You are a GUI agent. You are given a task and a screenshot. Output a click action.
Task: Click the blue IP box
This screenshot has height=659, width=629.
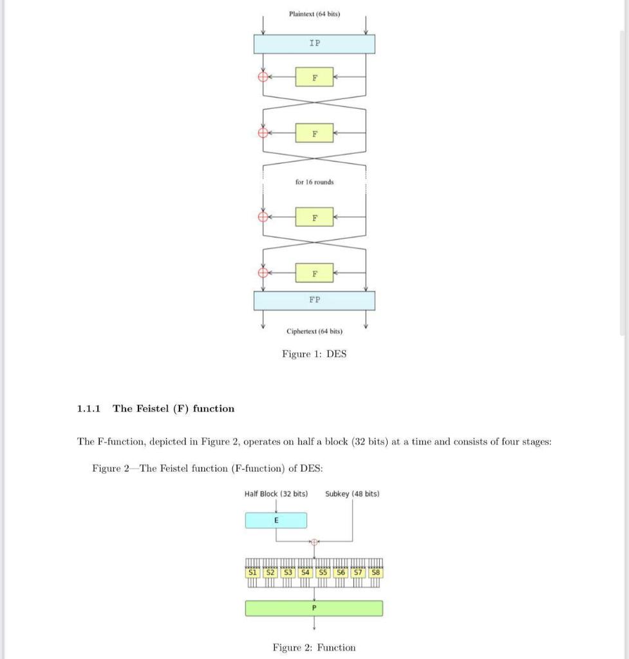coord(314,44)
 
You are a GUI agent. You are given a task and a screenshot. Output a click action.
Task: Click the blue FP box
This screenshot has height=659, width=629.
coord(314,301)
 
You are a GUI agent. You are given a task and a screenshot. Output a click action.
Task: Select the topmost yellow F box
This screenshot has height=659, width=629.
coord(314,77)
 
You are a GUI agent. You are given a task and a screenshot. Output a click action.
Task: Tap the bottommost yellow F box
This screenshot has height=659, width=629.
coord(314,273)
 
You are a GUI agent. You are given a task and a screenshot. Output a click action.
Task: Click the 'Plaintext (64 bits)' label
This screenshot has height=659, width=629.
coord(314,13)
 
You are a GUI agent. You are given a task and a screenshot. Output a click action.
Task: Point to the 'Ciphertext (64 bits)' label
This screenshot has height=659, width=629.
coord(314,331)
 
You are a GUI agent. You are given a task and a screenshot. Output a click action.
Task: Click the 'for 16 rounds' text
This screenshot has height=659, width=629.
coord(314,182)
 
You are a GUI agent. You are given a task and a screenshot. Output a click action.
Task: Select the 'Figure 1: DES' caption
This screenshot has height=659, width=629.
coord(314,354)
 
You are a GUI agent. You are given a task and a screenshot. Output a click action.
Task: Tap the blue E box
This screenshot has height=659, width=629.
coord(276,520)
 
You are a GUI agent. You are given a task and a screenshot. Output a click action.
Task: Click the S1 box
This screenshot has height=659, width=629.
coord(253,572)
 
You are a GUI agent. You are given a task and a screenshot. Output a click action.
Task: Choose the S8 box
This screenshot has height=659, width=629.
coord(375,572)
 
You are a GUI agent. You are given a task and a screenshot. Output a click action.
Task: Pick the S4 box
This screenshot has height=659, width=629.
coord(305,572)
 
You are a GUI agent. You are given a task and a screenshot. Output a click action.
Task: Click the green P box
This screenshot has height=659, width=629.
coord(314,608)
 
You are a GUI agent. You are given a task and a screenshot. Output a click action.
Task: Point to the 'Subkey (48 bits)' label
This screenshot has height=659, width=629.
coord(352,494)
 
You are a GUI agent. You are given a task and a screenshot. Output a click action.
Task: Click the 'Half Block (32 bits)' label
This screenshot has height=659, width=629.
coord(276,494)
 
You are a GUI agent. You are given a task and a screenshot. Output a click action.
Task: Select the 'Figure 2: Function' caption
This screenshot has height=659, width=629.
coord(314,647)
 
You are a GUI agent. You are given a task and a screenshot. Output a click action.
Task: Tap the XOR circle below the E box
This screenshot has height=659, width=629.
coord(314,541)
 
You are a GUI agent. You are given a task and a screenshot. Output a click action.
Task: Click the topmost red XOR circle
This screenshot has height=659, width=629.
coord(262,77)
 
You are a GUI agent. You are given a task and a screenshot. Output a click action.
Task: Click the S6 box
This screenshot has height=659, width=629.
coord(341,572)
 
